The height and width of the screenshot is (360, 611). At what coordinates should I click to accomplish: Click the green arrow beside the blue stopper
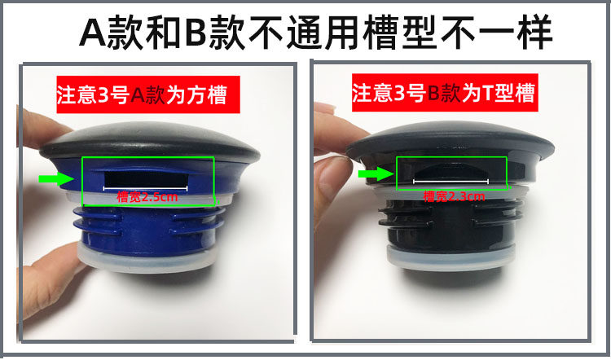56,179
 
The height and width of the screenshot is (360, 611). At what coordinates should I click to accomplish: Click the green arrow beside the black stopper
376,173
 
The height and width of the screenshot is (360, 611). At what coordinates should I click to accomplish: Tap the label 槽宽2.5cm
147,197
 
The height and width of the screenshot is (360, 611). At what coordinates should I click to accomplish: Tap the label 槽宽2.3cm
454,196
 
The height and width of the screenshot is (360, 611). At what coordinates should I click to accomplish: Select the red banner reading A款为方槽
148,94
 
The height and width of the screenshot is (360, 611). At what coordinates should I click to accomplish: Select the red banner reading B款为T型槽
445,93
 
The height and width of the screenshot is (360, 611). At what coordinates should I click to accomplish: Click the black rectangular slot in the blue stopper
147,179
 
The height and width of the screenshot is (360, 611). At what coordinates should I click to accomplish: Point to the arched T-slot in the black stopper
451,173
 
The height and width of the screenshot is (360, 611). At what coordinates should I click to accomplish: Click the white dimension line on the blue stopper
145,189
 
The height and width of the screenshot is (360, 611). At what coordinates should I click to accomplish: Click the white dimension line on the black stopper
451,182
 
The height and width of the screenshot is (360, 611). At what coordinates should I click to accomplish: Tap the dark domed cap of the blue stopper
150,143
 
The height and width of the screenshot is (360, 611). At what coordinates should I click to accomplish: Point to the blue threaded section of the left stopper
149,230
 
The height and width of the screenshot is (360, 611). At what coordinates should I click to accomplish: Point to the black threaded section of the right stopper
451,224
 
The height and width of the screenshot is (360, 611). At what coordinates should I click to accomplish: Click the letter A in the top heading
92,33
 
